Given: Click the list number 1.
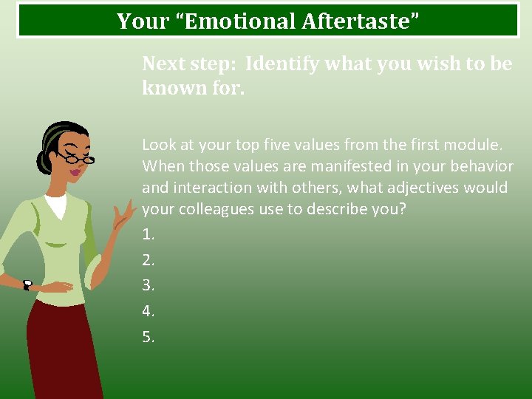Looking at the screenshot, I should [x=148, y=234].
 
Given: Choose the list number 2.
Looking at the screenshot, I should [x=148, y=260].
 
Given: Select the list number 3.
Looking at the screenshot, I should [x=148, y=285].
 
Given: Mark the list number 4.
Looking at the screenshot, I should [x=148, y=311].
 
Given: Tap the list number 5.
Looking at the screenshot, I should [x=148, y=337].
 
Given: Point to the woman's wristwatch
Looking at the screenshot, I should [x=27, y=285].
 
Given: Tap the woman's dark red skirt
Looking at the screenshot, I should [x=63, y=347].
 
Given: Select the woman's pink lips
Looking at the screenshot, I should [x=75, y=173].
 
